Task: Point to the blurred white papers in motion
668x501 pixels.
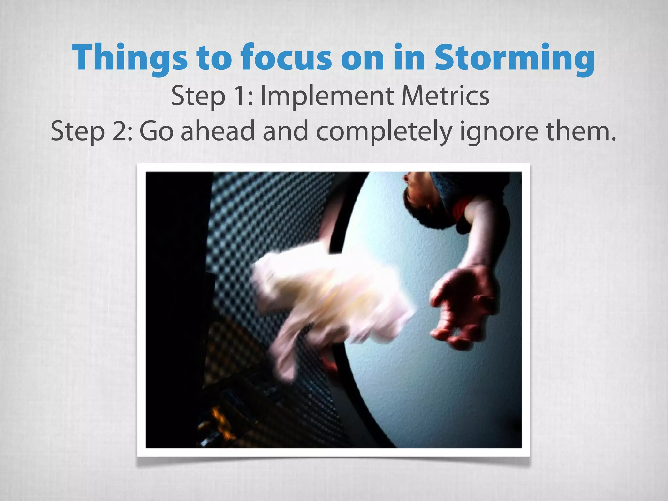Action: click(326, 300)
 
